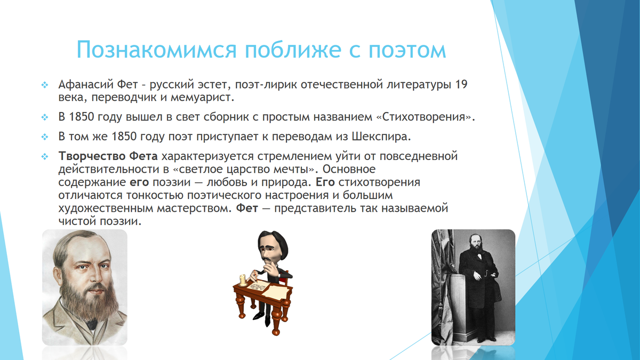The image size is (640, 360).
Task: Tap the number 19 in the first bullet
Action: pos(462,85)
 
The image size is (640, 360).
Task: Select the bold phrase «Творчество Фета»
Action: pos(108,157)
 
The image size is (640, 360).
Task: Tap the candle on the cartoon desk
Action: pos(243,280)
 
